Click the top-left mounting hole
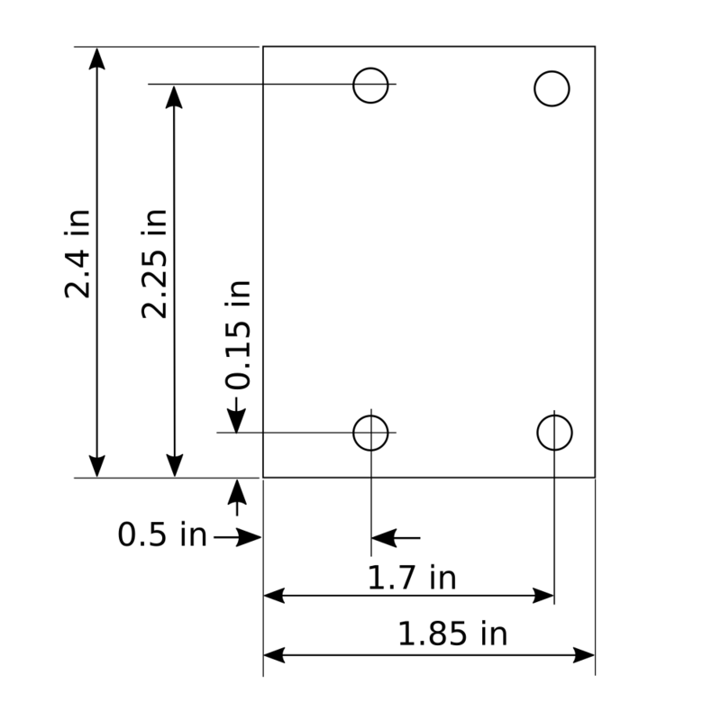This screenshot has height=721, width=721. tap(370, 86)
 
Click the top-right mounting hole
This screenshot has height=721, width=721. tap(552, 88)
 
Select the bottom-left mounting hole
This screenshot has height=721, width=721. tap(370, 433)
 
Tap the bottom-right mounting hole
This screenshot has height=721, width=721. tap(554, 433)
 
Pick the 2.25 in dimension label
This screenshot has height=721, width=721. tap(155, 263)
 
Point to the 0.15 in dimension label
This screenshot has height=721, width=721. tap(238, 334)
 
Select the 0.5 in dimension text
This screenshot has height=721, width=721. tap(162, 535)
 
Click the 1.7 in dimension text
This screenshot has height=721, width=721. tap(412, 577)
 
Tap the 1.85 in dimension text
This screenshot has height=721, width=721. tap(452, 634)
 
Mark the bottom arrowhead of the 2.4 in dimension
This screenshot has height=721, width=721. tap(97, 466)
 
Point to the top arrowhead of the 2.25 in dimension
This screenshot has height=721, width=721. tap(174, 96)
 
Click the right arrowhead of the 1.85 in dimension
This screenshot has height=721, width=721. tap(584, 654)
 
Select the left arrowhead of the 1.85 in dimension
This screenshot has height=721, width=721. tap(274, 654)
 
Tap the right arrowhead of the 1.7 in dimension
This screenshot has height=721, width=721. tap(543, 596)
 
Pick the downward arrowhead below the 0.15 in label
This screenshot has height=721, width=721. tap(236, 421)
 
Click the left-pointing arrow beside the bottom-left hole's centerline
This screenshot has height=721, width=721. tap(383, 539)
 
